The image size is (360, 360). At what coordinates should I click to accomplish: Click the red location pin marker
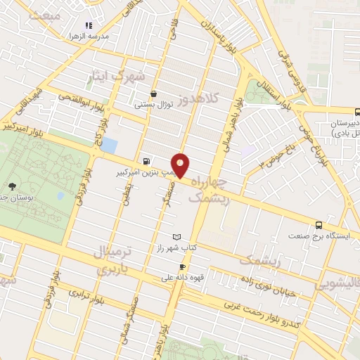tap(181, 165)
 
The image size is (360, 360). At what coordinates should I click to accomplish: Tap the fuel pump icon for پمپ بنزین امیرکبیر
tap(146, 160)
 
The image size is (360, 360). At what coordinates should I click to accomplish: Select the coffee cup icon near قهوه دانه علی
tap(183, 266)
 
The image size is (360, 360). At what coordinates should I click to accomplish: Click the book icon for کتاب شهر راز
tap(176, 237)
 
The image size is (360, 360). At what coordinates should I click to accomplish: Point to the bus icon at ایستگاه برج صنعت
tap(319, 225)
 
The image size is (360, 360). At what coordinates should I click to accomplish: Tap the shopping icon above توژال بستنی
tap(154, 94)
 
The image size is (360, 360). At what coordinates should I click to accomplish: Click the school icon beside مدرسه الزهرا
tap(89, 25)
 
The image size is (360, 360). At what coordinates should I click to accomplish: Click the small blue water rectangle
tap(109, 146)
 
